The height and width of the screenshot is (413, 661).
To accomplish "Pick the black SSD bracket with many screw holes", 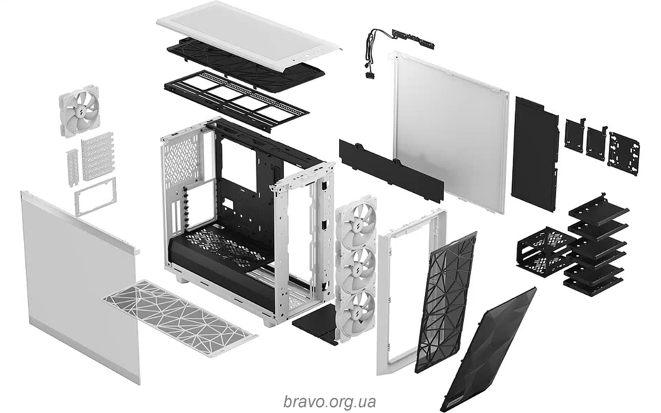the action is click(624, 154).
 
